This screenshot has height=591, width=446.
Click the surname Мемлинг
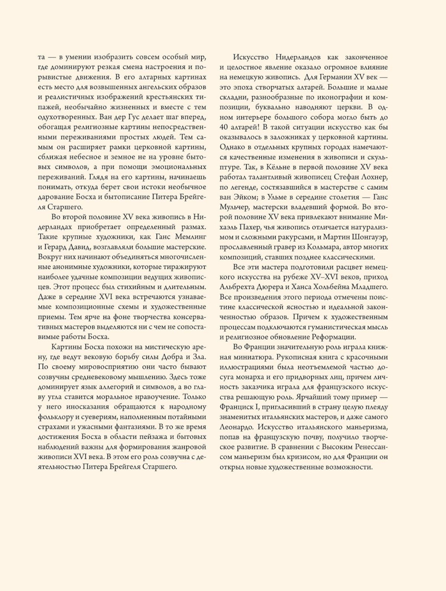(x=190, y=237)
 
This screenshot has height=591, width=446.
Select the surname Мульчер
(x=235, y=207)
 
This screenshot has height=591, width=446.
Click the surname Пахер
(x=251, y=227)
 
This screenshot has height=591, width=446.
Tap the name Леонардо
(x=236, y=427)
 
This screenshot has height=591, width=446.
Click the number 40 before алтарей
(x=224, y=127)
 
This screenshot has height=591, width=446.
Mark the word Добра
(x=172, y=357)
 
